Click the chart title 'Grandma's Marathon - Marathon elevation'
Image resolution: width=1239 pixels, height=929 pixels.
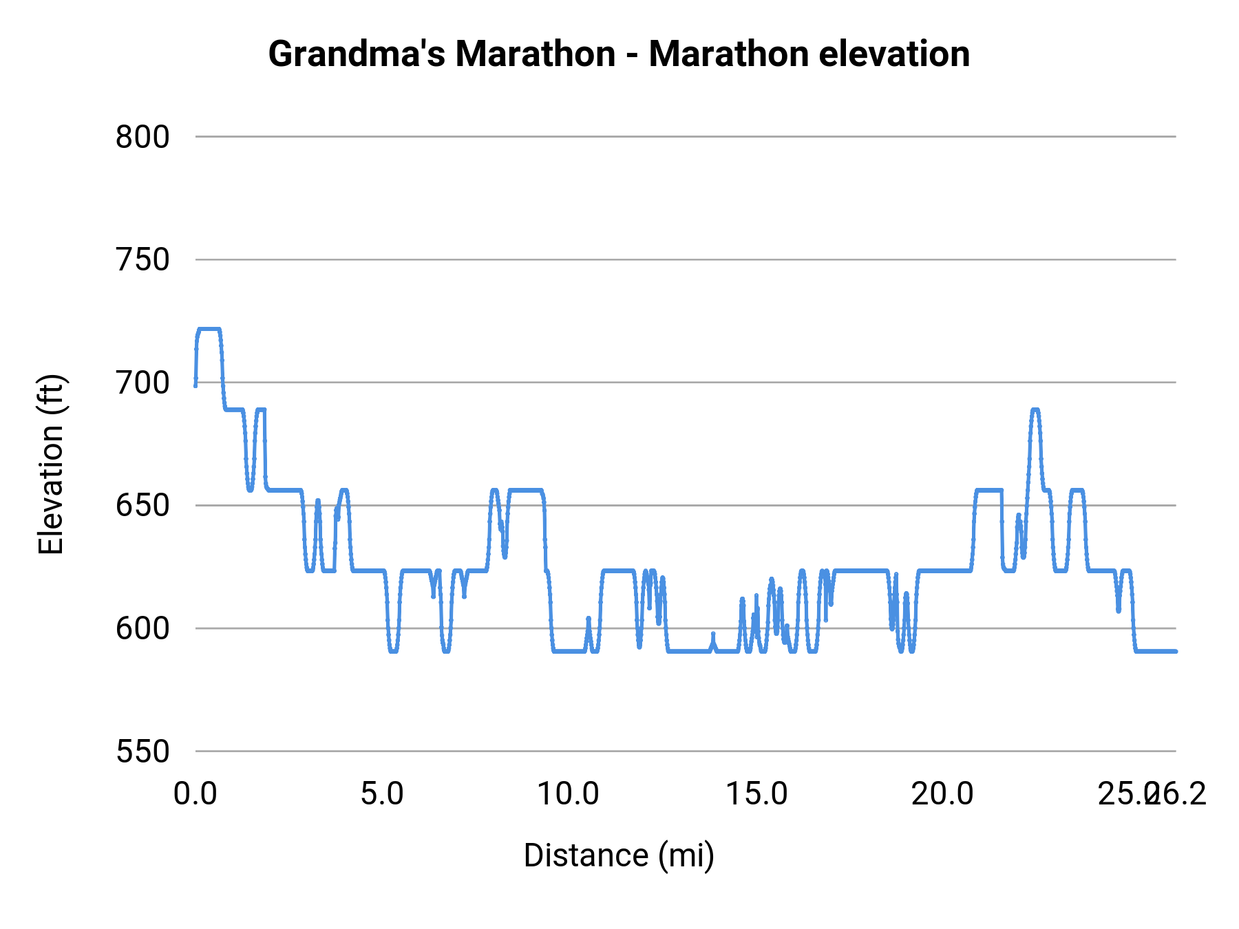[x=619, y=54]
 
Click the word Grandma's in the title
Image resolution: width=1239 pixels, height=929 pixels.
[x=356, y=54]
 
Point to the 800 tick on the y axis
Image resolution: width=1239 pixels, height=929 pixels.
[x=142, y=137]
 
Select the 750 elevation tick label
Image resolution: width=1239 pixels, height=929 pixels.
[x=142, y=260]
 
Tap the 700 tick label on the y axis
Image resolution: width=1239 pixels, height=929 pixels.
[x=142, y=383]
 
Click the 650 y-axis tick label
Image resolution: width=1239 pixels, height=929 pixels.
[x=142, y=506]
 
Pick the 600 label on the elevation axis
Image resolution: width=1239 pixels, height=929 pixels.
[x=142, y=628]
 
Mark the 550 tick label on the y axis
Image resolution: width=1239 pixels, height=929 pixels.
[x=142, y=751]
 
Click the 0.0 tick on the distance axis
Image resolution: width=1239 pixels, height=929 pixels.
[x=195, y=794]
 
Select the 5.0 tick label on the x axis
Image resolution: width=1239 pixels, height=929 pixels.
[x=383, y=794]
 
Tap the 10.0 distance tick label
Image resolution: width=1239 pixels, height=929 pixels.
[x=569, y=794]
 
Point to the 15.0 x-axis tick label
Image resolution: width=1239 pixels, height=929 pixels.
[x=756, y=794]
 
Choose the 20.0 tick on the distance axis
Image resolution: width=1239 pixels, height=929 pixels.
[x=942, y=794]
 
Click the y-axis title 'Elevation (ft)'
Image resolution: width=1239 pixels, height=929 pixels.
[x=51, y=464]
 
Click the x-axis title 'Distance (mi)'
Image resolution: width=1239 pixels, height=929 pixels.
[x=619, y=855]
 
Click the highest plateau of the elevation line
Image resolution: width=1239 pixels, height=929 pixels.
[x=209, y=329]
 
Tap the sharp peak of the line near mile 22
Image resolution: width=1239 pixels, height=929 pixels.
[x=1035, y=409]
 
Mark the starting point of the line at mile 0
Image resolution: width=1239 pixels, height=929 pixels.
[x=195, y=385]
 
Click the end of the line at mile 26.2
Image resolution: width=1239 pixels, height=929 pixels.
[x=1175, y=651]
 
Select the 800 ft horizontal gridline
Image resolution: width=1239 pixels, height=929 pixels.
[x=688, y=137]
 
